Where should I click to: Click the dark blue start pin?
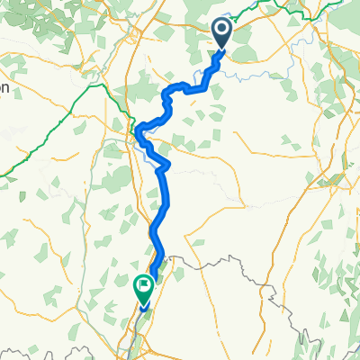pos(222,34)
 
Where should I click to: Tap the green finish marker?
pos(143,288)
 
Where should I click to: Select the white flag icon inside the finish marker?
pos(143,286)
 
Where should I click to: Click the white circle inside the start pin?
pos(222,31)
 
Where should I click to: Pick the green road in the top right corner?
pos(297,11)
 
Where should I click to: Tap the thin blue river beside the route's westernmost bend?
pos(144,144)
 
